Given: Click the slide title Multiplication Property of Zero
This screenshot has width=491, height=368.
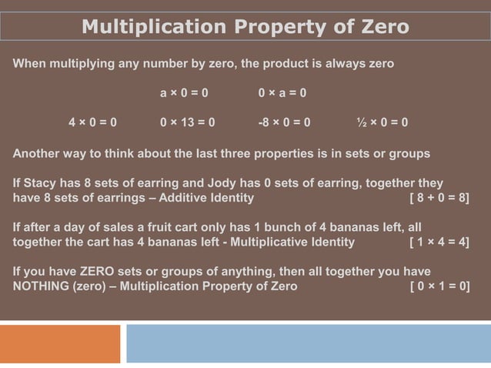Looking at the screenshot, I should (245, 27).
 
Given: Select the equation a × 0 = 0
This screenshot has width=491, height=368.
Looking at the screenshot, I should (184, 93).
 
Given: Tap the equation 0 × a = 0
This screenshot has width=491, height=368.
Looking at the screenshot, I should (282, 93).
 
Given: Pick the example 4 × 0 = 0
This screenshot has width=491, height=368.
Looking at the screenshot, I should (92, 122).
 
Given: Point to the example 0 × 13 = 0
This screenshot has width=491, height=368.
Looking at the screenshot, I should (187, 122).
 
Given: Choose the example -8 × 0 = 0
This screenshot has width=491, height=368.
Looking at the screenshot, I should (284, 122).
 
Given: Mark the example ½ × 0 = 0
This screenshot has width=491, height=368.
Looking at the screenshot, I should (382, 122).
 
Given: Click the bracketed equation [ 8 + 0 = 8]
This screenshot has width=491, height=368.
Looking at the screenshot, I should (439, 199).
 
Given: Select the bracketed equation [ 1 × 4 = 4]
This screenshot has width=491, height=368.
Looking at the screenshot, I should (439, 243).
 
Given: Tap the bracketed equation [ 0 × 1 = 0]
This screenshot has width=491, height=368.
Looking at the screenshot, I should (439, 286).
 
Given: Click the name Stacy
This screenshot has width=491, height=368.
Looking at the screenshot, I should (40, 184).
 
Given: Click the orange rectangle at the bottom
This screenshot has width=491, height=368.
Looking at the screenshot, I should (60, 343).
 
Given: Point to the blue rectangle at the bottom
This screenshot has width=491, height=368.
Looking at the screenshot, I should (308, 343).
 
